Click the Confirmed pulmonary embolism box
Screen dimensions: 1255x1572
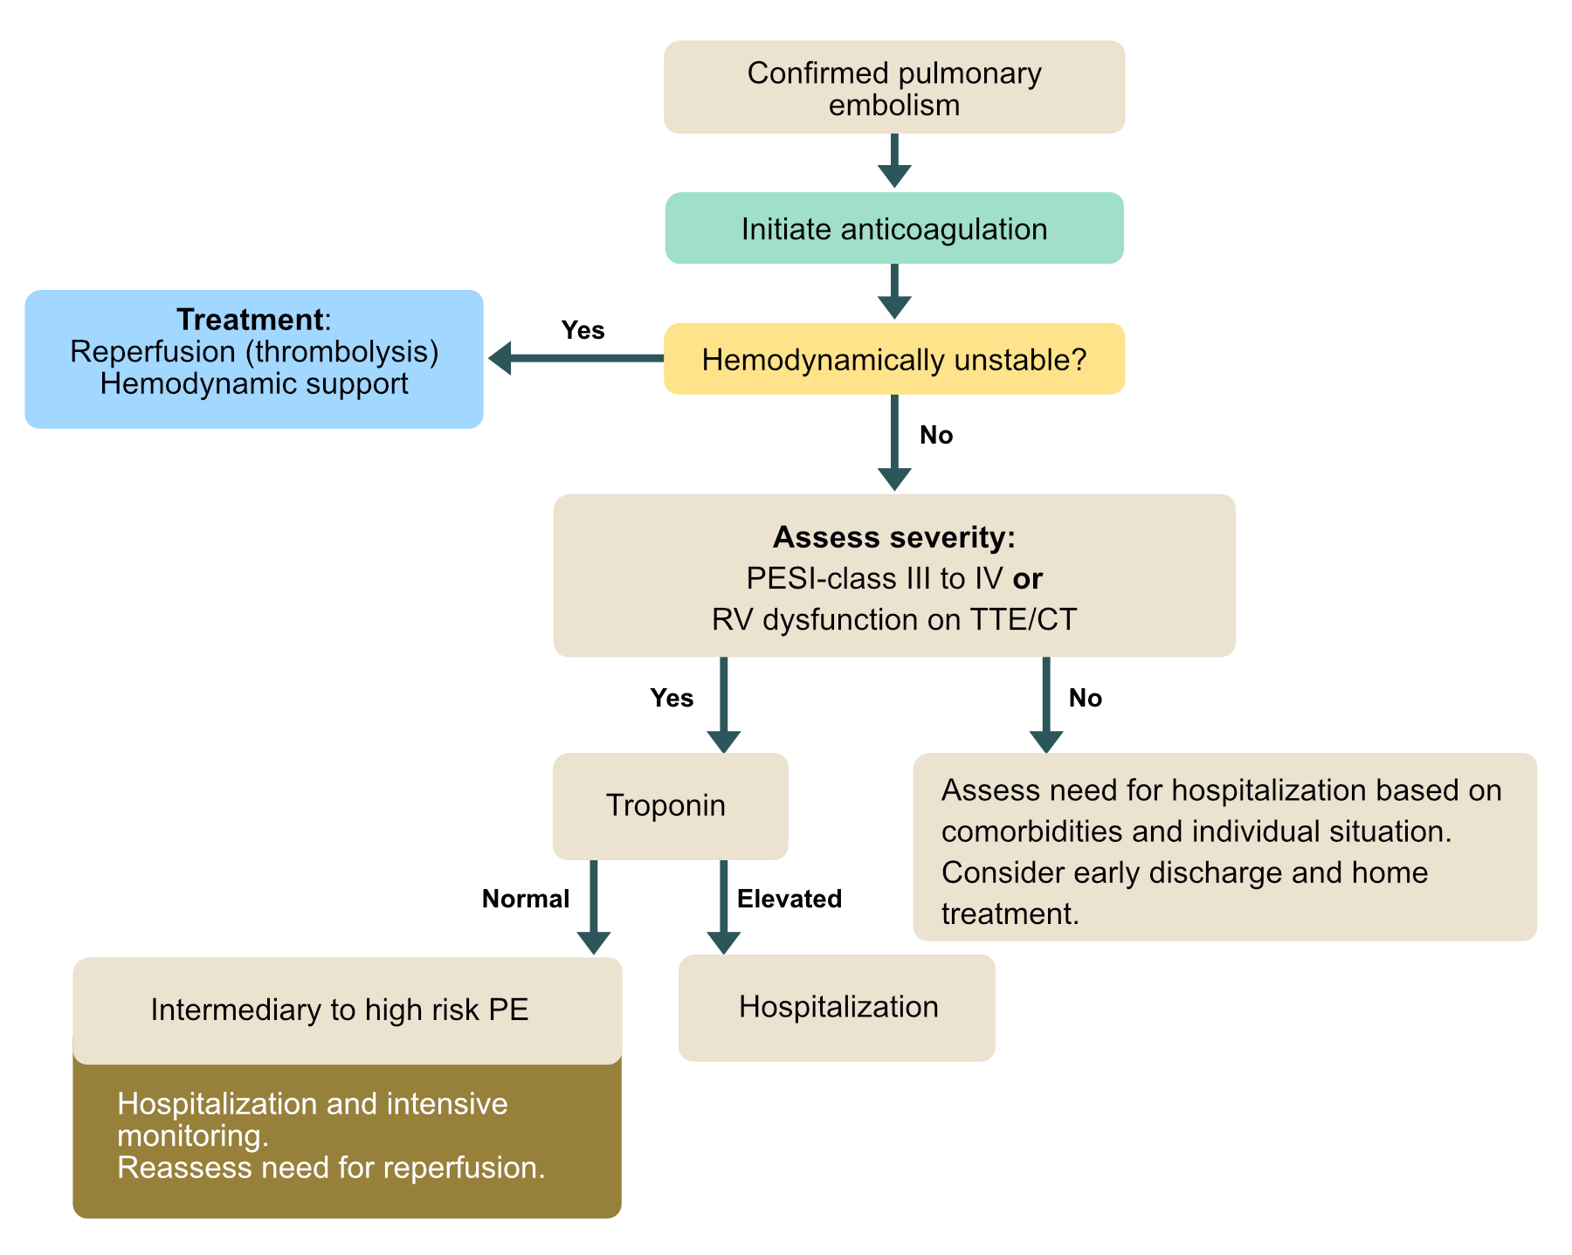(x=893, y=87)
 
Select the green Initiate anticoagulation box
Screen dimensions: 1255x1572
(x=893, y=229)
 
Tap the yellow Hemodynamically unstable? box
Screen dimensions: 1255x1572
(x=893, y=359)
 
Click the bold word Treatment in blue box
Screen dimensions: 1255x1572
(x=250, y=320)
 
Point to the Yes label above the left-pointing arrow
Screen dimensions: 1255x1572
(x=583, y=330)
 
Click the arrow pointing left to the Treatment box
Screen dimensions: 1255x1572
(x=576, y=358)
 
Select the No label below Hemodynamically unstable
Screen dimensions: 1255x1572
(x=936, y=435)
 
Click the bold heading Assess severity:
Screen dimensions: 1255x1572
(x=893, y=537)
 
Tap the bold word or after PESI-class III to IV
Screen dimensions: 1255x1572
(x=1028, y=578)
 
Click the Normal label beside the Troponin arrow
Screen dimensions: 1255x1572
(x=526, y=899)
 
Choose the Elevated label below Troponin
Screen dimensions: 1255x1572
(x=789, y=899)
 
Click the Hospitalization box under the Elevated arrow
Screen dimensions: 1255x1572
(x=837, y=1007)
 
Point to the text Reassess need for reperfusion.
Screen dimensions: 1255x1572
(x=331, y=1168)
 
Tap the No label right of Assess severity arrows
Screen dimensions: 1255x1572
(x=1086, y=698)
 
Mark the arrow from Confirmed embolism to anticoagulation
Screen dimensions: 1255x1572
(x=893, y=161)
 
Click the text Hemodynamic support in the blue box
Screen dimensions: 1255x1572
(x=254, y=383)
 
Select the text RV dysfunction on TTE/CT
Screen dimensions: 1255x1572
(x=893, y=619)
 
